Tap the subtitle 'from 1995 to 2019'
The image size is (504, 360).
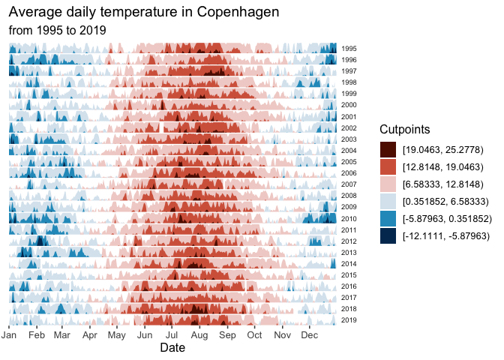pyautogui.click(x=57, y=30)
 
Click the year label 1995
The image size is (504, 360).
pyautogui.click(x=349, y=49)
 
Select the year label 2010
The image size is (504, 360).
pyautogui.click(x=349, y=218)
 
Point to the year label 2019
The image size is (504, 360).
pyautogui.click(x=349, y=320)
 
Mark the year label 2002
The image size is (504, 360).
pyautogui.click(x=349, y=128)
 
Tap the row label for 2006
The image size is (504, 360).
pyautogui.click(x=349, y=173)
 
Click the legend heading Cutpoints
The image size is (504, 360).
pyautogui.click(x=408, y=128)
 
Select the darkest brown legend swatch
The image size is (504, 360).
pyautogui.click(x=388, y=149)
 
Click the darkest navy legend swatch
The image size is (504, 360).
pyautogui.click(x=388, y=235)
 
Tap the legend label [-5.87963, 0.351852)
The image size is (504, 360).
pyautogui.click(x=445, y=218)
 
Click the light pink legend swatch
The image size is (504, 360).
pyautogui.click(x=388, y=184)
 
